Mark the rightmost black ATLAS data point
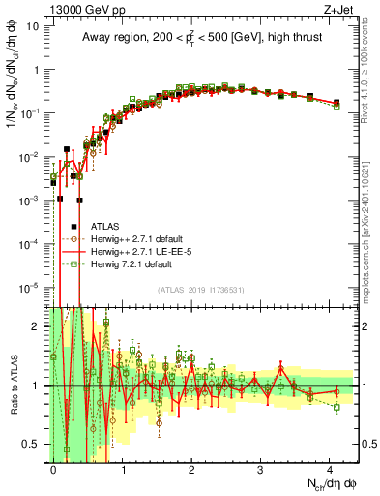point(336,103)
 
